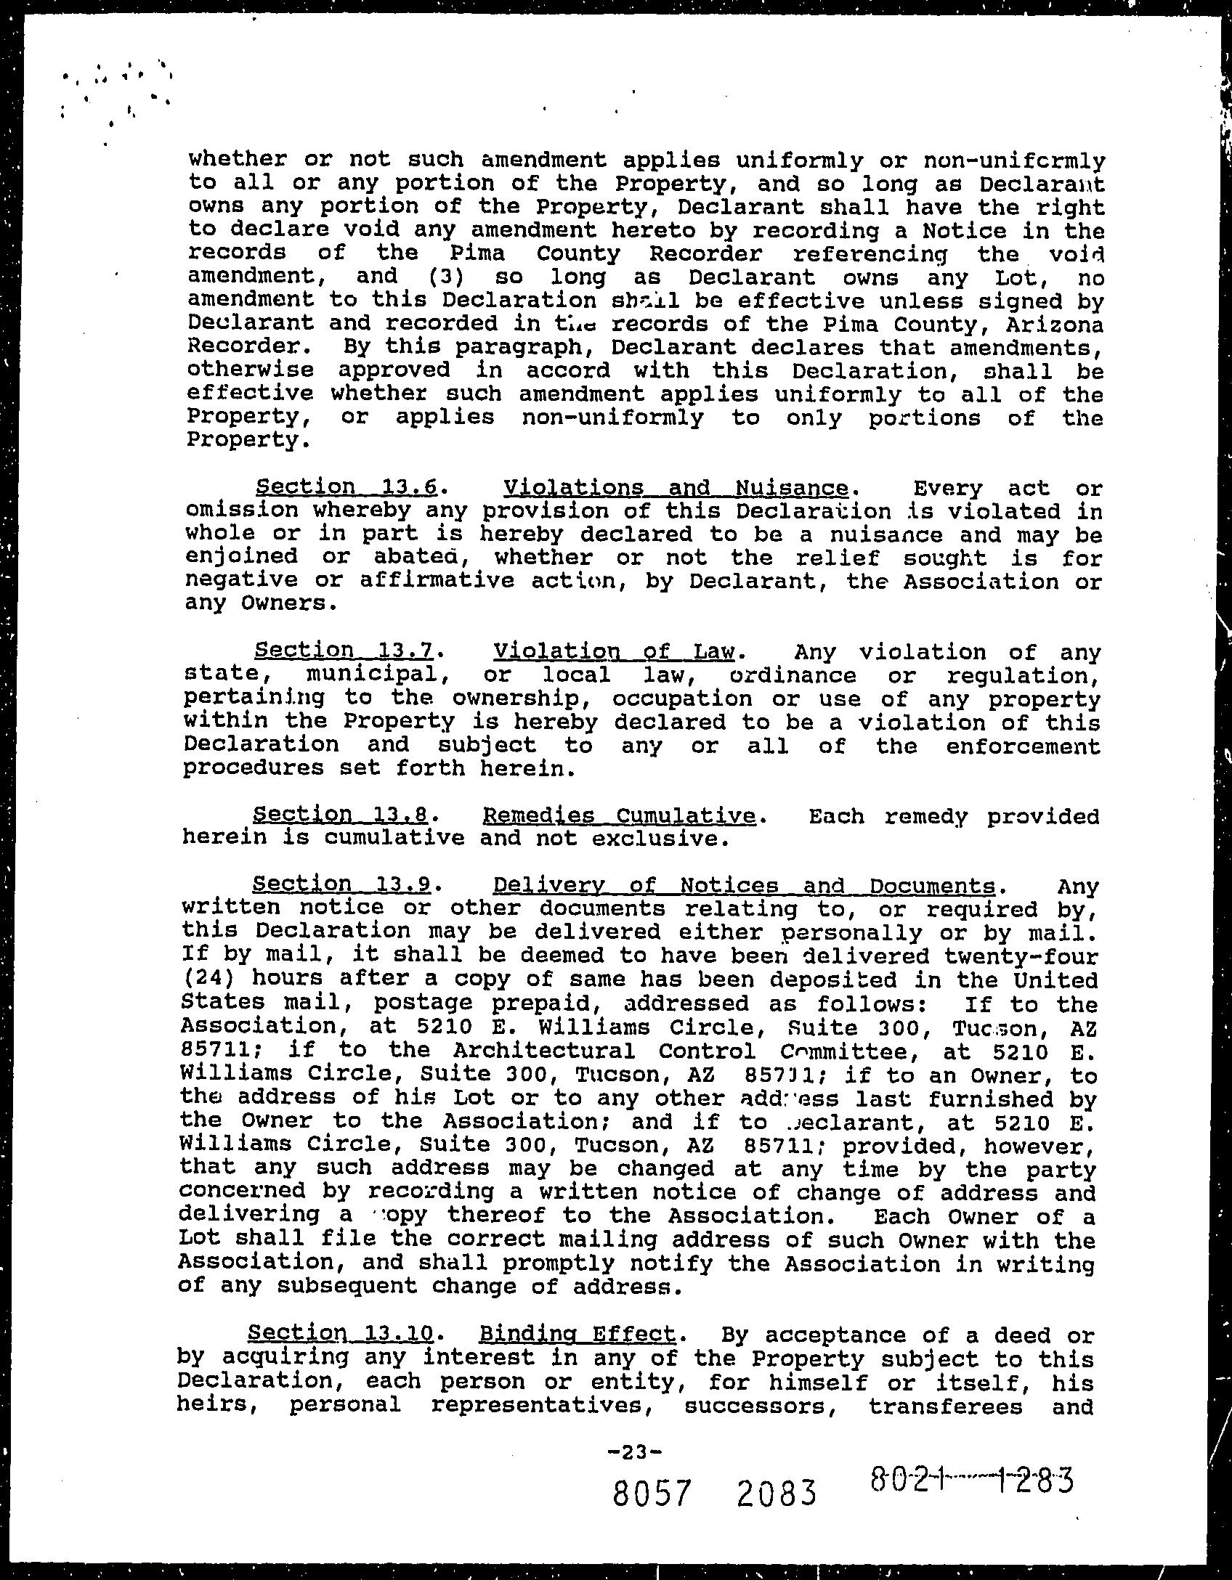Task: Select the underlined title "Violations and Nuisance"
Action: [676, 486]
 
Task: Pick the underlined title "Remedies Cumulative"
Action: [618, 815]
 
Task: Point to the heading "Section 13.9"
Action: [341, 885]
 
